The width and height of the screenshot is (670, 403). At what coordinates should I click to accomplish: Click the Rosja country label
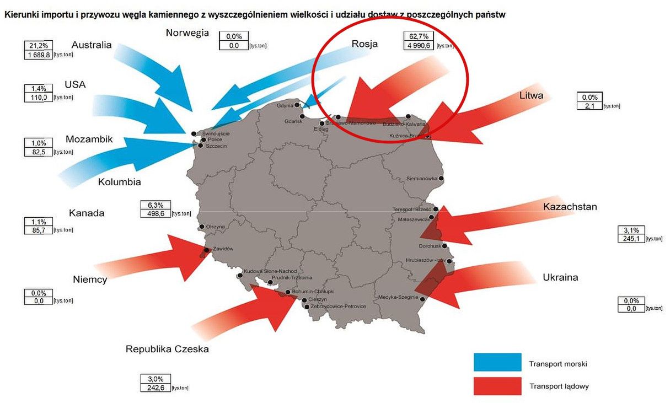365,44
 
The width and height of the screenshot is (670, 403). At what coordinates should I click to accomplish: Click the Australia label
92,45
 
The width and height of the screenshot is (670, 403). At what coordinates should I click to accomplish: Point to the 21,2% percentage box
38,45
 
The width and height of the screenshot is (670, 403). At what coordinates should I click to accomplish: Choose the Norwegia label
187,33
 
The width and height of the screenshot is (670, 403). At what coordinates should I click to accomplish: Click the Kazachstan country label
570,207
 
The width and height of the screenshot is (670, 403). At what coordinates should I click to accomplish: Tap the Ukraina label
560,277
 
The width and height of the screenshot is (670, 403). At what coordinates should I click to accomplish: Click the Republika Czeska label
167,349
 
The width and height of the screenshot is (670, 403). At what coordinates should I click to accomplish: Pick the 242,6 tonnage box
155,388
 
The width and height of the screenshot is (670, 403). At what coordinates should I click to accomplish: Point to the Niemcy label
90,280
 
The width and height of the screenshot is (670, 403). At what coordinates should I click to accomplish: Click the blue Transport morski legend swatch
497,362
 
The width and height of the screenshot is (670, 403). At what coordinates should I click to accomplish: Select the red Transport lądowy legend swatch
497,385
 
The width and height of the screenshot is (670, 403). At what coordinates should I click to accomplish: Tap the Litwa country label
531,95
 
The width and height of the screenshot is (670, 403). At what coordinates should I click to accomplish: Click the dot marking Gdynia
297,105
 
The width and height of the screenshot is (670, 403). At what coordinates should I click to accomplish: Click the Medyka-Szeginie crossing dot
423,299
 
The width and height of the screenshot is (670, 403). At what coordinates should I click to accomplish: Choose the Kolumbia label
119,182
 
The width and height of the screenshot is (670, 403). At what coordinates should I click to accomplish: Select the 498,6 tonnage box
155,213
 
